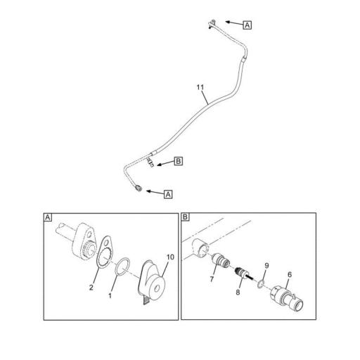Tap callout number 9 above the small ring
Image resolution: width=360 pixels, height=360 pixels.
coord(265,266)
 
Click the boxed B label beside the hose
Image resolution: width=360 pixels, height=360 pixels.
coord(178,161)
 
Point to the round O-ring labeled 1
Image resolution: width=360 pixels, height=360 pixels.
coord(120,268)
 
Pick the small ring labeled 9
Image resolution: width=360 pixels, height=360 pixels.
coord(261,285)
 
